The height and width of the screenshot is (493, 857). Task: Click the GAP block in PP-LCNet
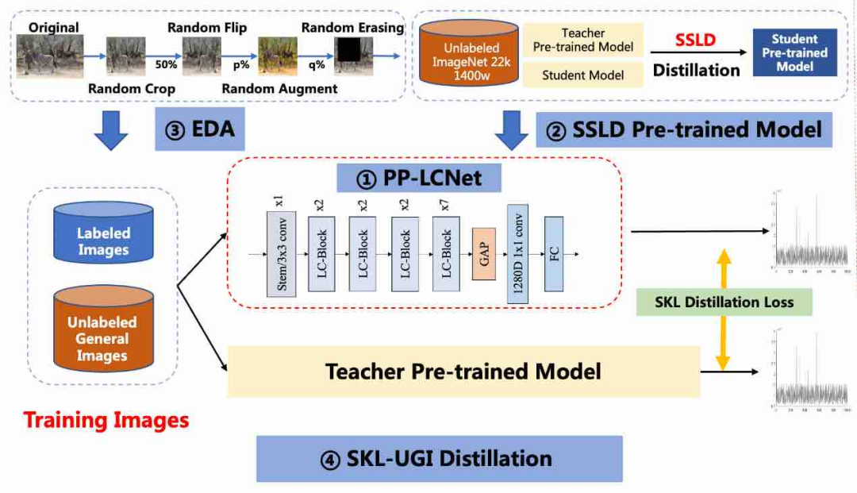click(483, 253)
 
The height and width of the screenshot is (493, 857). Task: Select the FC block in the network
click(553, 254)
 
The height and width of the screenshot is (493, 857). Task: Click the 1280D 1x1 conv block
click(517, 253)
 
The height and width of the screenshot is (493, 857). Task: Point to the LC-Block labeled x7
click(446, 253)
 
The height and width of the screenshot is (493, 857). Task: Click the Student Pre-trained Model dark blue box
click(794, 53)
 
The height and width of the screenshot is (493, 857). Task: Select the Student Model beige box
click(582, 75)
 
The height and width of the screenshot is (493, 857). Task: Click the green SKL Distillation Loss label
click(725, 302)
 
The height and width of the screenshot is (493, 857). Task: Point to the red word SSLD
click(696, 40)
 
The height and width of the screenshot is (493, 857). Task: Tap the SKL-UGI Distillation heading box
click(440, 458)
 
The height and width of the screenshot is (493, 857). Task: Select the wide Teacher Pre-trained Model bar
click(463, 372)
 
